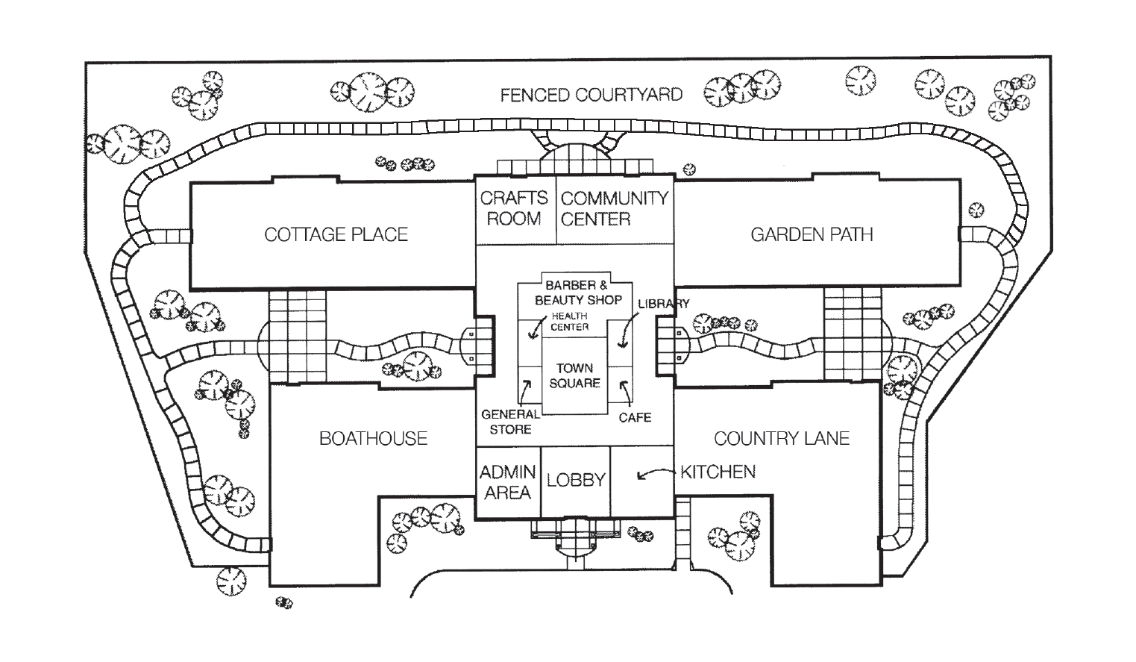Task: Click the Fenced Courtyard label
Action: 591,95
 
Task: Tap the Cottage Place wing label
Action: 336,234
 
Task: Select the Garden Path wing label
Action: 812,234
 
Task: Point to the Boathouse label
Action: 373,438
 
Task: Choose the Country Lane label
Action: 782,438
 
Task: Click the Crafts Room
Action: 514,208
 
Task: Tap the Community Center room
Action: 615,208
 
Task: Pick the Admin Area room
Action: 508,482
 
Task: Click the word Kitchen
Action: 718,472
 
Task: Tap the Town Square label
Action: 574,375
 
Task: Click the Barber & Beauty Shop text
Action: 578,293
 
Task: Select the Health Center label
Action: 570,322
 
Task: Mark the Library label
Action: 663,304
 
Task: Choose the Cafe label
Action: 635,417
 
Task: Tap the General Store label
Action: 511,422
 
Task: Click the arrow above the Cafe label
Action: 625,393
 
